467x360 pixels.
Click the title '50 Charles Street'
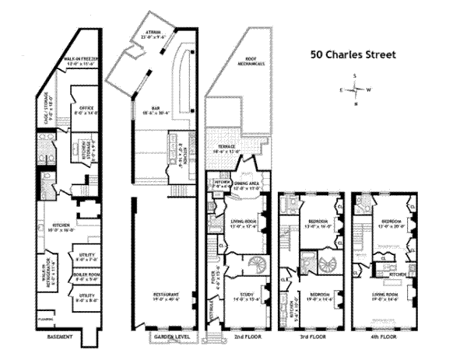coord(353,55)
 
